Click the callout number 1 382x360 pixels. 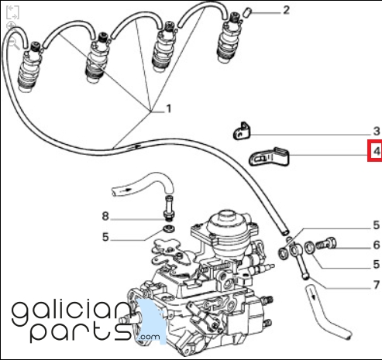[169, 108]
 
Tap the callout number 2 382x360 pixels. [286, 10]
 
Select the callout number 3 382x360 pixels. [377, 132]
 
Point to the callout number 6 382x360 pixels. [377, 245]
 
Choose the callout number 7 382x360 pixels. [377, 285]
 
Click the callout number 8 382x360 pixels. [105, 216]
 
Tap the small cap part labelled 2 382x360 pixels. [246, 12]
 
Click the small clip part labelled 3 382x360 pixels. [242, 132]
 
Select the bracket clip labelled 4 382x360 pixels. [269, 157]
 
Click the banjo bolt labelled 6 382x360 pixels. [327, 243]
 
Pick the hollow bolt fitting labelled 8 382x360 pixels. [169, 208]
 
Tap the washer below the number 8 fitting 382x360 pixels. [169, 228]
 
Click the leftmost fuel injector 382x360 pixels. [29, 68]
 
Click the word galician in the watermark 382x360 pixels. [72, 311]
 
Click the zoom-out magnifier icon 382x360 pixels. [14, 43]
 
